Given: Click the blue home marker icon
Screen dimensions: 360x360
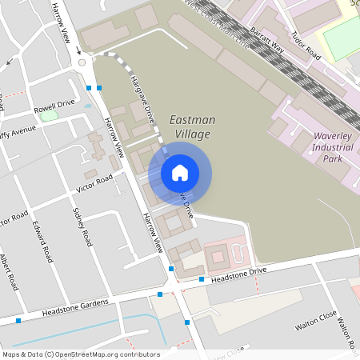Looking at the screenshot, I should (180, 172).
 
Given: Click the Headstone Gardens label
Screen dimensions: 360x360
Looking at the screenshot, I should (74, 306).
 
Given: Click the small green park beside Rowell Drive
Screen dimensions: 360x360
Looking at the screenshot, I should (50, 116).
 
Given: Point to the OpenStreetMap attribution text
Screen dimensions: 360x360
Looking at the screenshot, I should (81, 354).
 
